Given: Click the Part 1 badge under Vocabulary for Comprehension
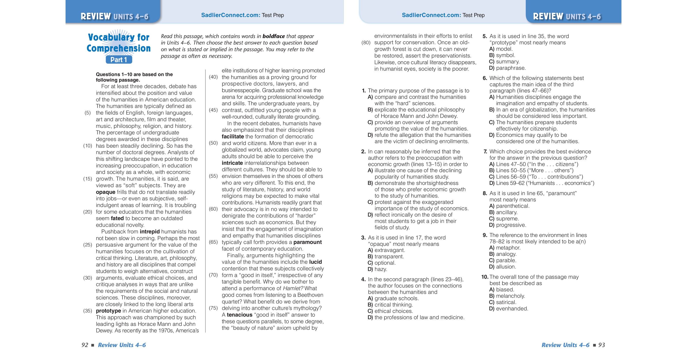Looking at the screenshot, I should coord(119,60).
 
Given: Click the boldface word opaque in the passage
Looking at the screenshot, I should coord(105,192).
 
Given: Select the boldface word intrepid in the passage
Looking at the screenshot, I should coord(150,232).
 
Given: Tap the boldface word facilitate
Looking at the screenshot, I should coord(233,137).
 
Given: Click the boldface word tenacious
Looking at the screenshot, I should coord(239,315).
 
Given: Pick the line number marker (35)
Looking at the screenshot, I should coord(88,311).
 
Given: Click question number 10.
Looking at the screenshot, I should coord(485,277).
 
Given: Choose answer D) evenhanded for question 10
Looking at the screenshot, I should coord(509,309).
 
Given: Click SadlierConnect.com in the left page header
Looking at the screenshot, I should coord(230,15).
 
